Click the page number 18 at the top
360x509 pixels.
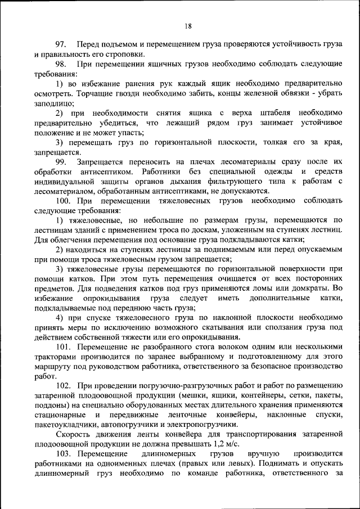188,25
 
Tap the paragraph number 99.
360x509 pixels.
61,161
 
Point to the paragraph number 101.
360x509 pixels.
64,346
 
